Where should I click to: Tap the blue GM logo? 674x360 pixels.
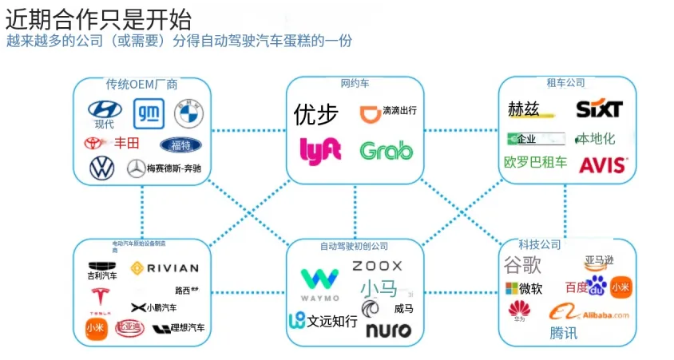[148, 113]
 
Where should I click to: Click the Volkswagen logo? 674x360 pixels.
[102, 168]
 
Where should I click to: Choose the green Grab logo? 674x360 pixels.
[387, 150]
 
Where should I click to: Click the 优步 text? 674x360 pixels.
[316, 115]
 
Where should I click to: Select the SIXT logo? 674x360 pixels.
[599, 109]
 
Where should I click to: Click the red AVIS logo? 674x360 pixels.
[604, 164]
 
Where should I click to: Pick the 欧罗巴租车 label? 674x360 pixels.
[535, 163]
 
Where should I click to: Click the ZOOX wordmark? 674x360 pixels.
[377, 266]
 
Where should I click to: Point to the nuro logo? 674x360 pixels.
[388, 330]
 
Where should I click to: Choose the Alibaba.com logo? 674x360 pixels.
[589, 314]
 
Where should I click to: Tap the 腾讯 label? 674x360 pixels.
[563, 334]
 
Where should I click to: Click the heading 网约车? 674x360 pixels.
[355, 83]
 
